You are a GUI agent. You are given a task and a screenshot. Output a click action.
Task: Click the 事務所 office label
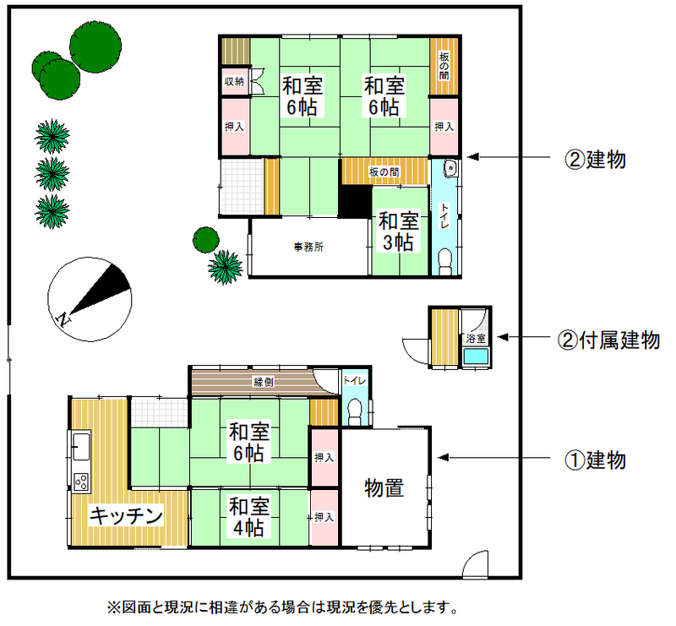[308, 247]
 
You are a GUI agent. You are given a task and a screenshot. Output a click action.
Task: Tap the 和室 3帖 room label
[398, 231]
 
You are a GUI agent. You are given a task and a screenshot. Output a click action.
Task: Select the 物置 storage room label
[384, 488]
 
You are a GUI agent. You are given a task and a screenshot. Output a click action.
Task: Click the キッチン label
[126, 515]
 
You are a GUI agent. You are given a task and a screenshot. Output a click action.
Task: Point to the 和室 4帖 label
[248, 517]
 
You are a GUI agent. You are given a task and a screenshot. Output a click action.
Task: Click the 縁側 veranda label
[263, 382]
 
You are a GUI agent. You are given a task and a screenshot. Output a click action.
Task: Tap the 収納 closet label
[234, 81]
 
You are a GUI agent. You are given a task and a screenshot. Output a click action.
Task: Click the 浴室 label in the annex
[476, 339]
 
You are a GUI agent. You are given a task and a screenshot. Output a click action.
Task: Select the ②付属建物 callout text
[608, 340]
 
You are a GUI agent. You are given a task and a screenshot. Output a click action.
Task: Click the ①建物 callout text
[596, 460]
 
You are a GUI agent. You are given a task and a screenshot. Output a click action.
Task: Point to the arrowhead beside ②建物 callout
[472, 157]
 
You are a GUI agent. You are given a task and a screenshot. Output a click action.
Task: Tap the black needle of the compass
[100, 289]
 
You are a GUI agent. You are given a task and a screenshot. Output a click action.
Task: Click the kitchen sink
[80, 446]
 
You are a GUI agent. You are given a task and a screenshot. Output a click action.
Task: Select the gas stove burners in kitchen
[81, 482]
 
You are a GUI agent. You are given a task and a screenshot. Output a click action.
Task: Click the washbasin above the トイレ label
[450, 168]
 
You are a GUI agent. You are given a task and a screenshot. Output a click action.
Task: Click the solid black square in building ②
[354, 201]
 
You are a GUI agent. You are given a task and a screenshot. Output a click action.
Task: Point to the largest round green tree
[95, 46]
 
